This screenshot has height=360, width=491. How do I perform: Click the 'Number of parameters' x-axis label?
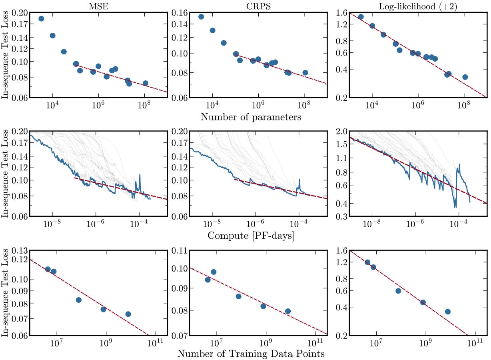251,117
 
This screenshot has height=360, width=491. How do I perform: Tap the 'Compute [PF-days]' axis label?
251,236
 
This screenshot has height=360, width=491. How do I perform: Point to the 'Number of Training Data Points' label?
251,354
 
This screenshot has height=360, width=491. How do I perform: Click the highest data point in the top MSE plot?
41,18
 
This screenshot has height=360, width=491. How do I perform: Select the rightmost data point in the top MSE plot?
145,83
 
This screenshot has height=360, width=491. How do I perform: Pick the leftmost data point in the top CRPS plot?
201,17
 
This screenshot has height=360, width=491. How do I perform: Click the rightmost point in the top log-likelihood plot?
465,77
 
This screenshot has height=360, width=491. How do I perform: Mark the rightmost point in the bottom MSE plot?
128,314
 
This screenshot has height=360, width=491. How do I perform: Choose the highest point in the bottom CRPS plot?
214,272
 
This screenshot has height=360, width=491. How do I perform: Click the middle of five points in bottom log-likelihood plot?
398,291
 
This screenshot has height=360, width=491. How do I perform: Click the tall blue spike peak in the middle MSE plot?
140,175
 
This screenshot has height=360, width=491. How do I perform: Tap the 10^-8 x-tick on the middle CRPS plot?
212,224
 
